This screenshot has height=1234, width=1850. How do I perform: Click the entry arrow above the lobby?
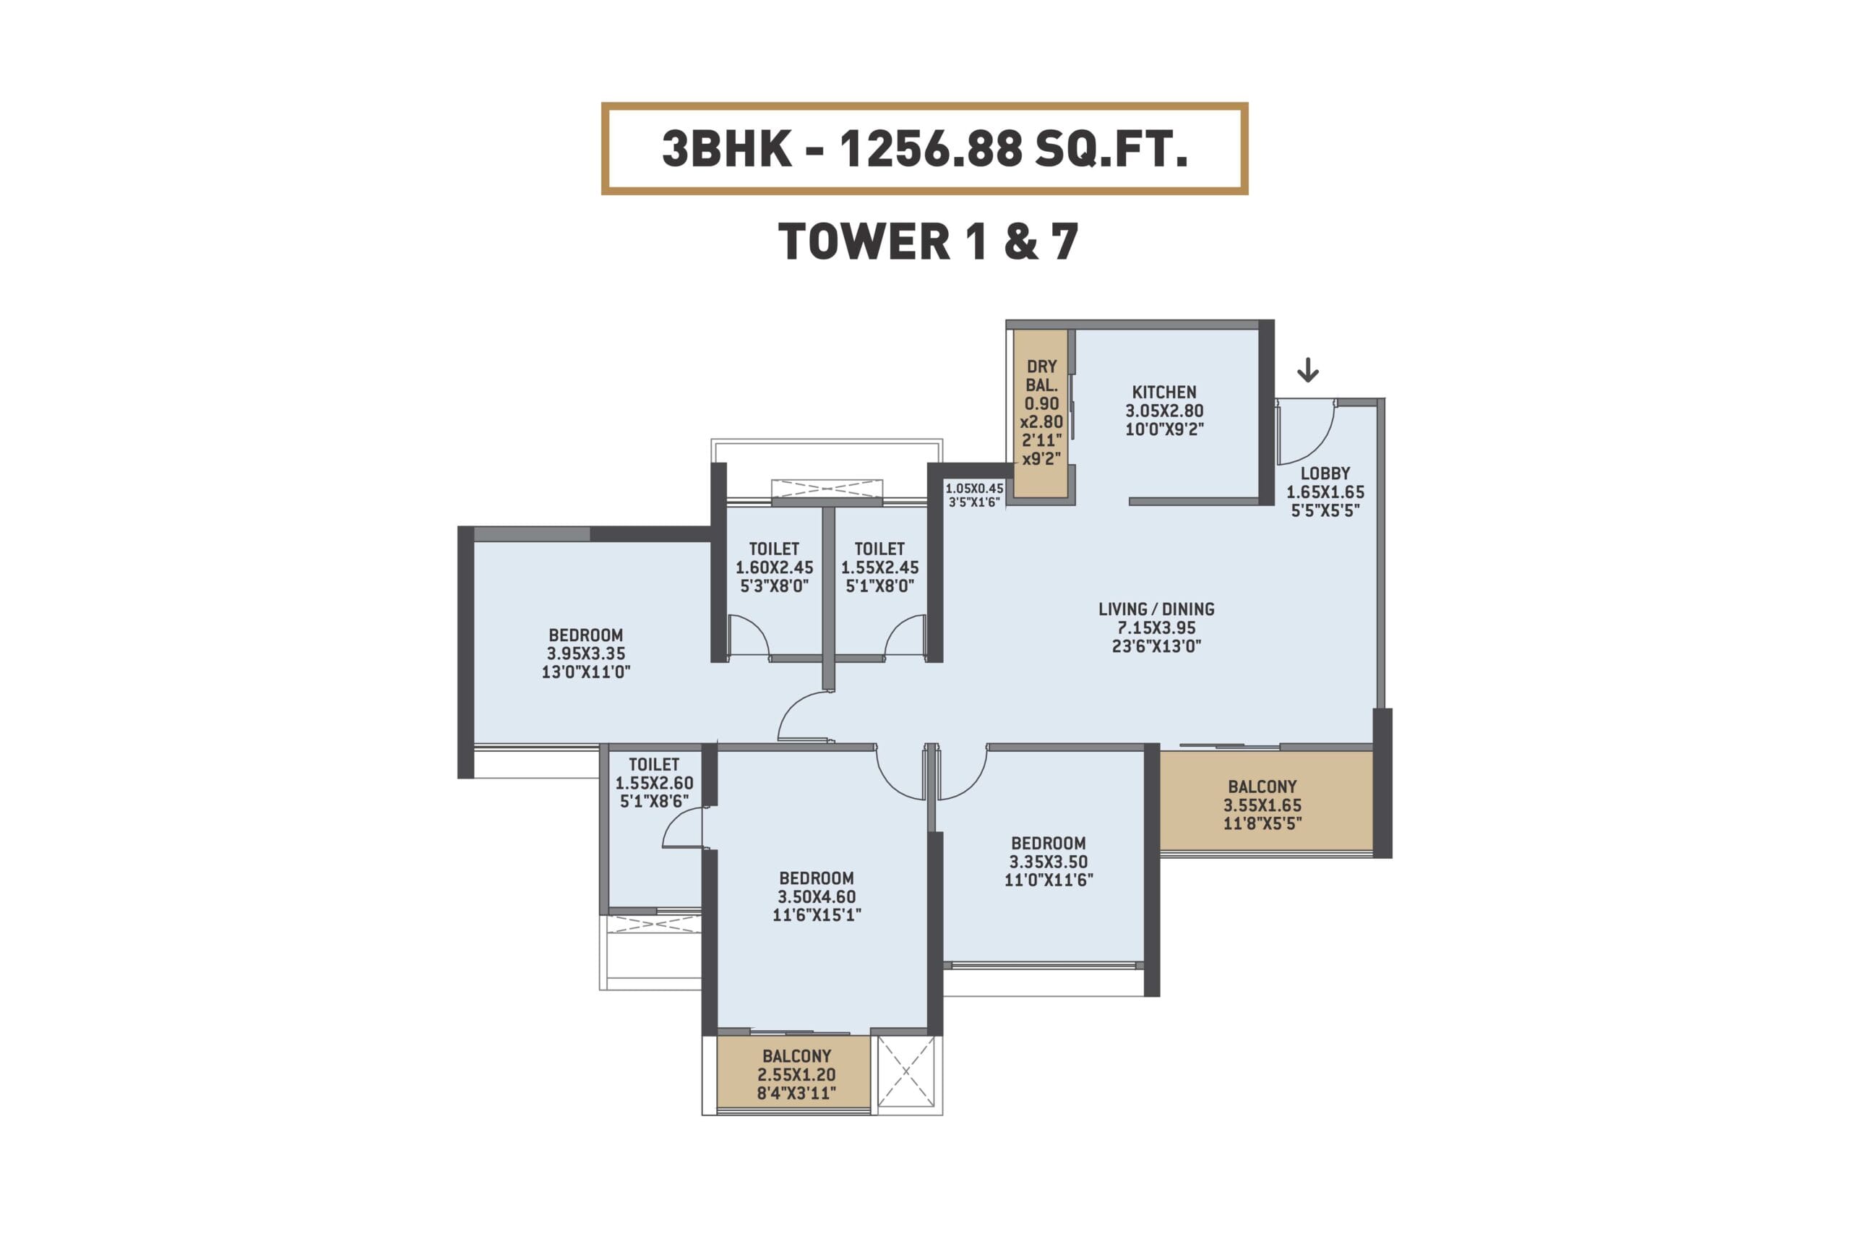coord(1307,370)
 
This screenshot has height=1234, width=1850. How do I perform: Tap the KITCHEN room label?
coord(1164,392)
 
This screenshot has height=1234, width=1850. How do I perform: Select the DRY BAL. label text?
coord(1041,376)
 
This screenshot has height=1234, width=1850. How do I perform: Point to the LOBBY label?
coord(1325,473)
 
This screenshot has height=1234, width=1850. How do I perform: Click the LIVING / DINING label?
coord(1156,609)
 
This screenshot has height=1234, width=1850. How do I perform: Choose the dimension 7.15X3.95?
coord(1156,628)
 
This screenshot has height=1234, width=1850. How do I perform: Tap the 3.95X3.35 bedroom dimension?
coord(586,654)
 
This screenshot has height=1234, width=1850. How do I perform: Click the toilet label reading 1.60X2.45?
coord(774,567)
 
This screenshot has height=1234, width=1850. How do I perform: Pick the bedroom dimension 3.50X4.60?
coord(817,896)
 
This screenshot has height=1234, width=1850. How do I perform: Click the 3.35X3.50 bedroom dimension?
coord(1049,862)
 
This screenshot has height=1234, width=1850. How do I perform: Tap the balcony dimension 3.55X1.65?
coord(1262,805)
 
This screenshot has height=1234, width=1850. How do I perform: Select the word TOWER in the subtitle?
coord(864,241)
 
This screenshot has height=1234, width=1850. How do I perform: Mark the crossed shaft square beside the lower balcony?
coord(905,1071)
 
